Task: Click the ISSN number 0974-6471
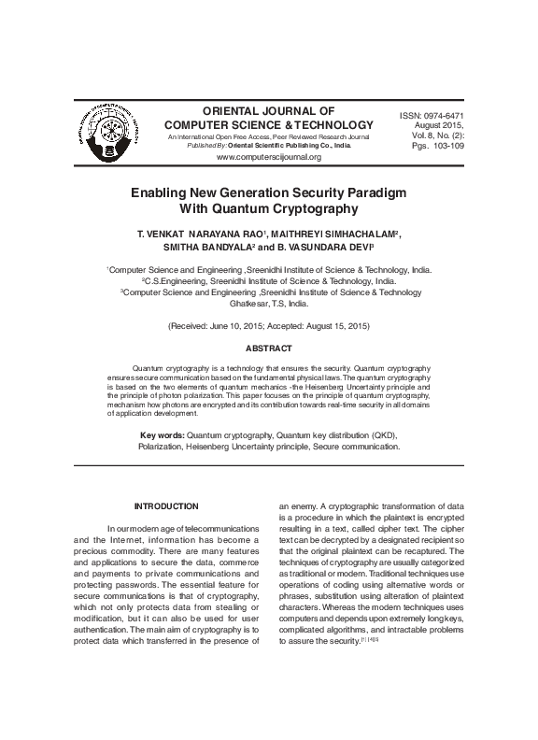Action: pos(450,114)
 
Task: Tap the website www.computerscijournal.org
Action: pos(268,157)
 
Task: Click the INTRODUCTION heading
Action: pos(166,506)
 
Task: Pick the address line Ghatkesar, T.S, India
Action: pos(268,304)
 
